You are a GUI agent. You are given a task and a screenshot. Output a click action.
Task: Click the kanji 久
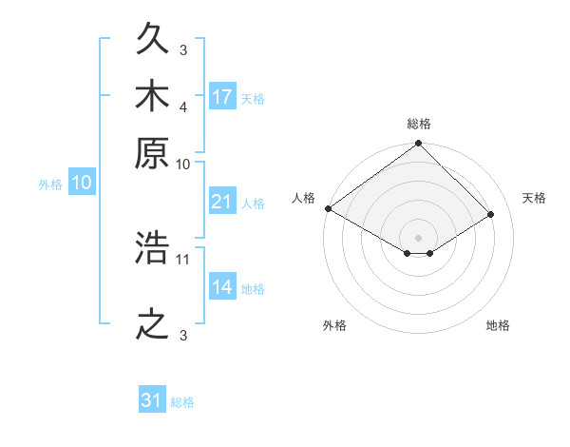152,38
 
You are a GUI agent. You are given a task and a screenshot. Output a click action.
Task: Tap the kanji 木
152,95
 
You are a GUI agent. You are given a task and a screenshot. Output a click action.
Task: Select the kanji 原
152,153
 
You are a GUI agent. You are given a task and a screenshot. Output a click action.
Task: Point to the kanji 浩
152,247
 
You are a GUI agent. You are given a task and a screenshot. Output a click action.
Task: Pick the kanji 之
152,324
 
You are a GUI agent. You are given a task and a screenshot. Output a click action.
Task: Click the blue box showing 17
222,96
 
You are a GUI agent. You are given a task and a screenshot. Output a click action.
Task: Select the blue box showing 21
222,201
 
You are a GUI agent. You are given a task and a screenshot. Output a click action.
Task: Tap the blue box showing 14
222,285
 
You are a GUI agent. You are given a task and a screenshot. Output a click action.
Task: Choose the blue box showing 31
152,398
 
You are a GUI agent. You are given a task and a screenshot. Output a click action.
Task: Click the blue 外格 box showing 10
82,182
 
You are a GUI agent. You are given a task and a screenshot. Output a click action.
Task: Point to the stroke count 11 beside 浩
182,260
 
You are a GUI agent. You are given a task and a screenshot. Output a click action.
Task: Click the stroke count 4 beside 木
183,107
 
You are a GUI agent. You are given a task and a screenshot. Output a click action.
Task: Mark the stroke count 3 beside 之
183,335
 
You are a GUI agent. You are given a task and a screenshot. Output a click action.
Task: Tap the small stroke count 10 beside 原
182,165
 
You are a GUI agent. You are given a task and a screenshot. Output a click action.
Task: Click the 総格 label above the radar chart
419,124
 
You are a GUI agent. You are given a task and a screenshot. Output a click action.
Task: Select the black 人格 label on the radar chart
303,198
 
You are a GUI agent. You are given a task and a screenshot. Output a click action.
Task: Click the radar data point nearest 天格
490,214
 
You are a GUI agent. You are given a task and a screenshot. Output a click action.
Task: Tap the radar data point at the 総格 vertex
418,143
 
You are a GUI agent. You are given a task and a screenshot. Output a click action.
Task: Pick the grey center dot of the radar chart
418,238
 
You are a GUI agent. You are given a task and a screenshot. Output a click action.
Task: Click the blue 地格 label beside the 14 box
253,289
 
